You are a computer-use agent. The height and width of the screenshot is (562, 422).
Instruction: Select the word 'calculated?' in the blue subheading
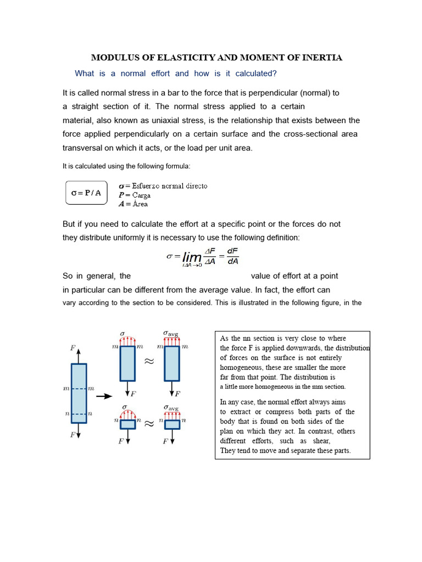pyautogui.click(x=257, y=74)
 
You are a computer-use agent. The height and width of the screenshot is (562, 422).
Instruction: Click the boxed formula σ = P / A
pyautogui.click(x=86, y=193)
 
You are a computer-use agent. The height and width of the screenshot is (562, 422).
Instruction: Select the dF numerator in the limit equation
pyautogui.click(x=232, y=251)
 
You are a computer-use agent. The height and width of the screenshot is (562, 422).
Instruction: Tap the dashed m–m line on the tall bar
pyautogui.click(x=79, y=389)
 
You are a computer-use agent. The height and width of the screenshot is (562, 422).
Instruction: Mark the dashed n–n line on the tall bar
pyautogui.click(x=79, y=414)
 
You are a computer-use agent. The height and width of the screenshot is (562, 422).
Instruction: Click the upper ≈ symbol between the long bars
pyautogui.click(x=149, y=362)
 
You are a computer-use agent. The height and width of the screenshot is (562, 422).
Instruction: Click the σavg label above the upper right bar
pyautogui.click(x=171, y=333)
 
